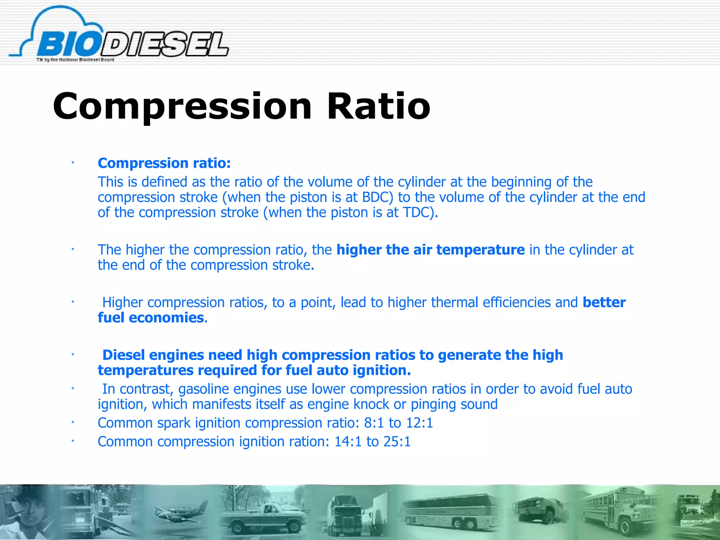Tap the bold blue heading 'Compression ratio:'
(164, 163)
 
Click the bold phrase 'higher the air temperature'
(430, 250)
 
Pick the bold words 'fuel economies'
(151, 318)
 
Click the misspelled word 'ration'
(309, 442)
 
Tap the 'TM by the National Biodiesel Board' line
(75, 60)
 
